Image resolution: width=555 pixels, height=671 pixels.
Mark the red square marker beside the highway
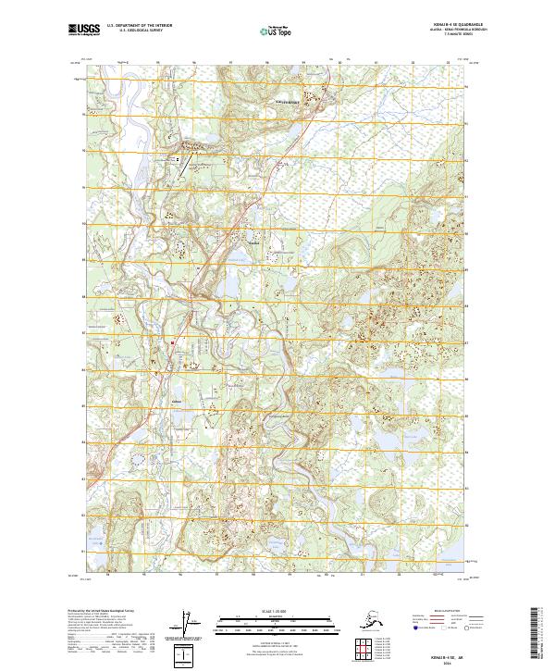pyautogui.click(x=171, y=342)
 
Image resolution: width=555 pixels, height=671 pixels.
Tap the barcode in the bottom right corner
pyautogui.click(x=536, y=634)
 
